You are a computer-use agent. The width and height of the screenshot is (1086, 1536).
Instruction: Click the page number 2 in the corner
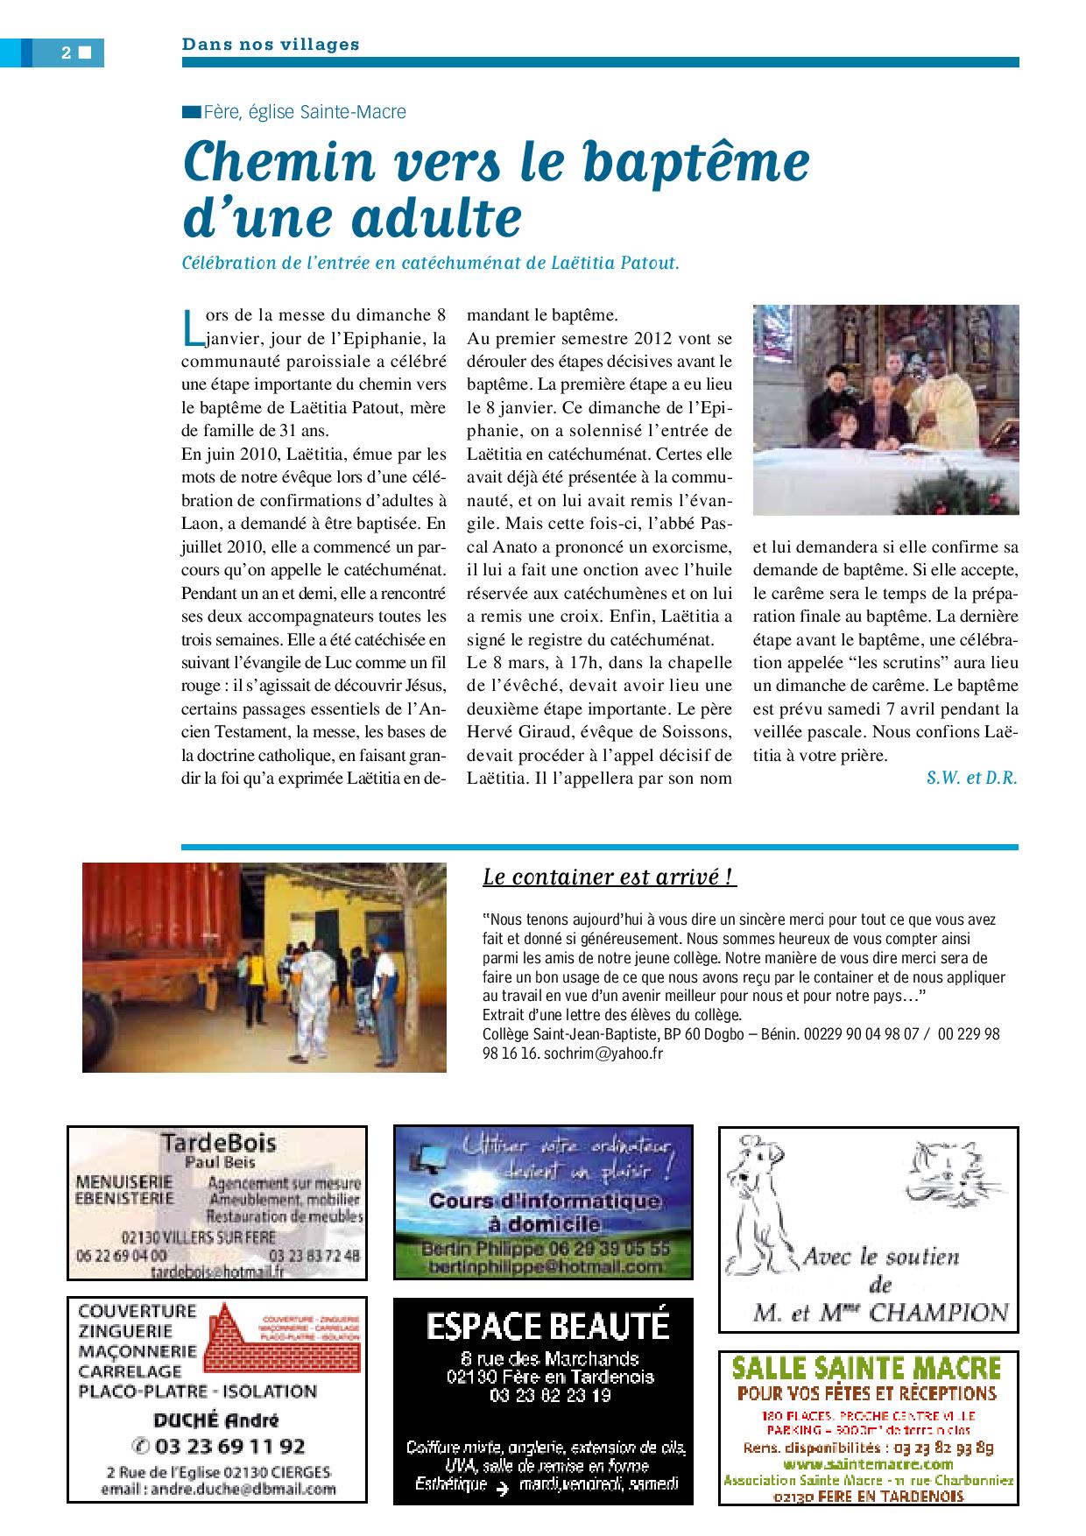(x=67, y=53)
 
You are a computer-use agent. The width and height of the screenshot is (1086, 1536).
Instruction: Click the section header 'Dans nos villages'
(x=271, y=45)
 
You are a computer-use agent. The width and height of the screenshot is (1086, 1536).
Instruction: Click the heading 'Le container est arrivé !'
(x=609, y=877)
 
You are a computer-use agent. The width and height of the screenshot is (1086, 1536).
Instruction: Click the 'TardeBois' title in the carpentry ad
(x=218, y=1142)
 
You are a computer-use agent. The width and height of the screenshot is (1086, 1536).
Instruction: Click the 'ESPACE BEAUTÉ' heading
(x=547, y=1326)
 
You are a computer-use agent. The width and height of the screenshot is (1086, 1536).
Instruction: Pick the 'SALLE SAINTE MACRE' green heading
(x=866, y=1367)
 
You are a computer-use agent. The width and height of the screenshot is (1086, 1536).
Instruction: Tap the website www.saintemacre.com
(x=867, y=1463)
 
